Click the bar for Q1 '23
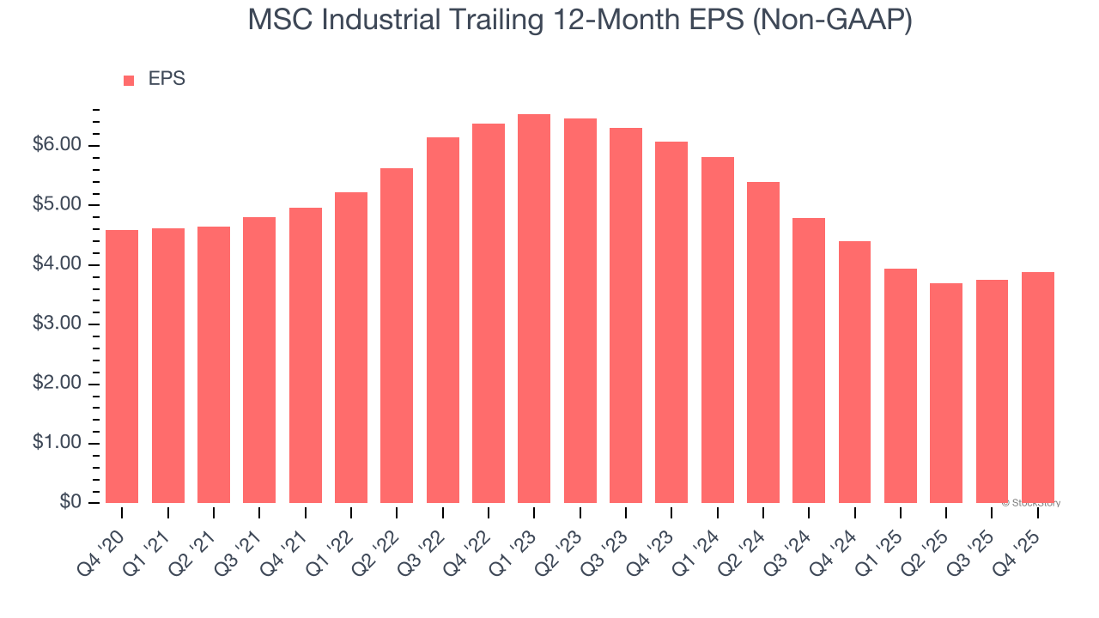click(534, 309)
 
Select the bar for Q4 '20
click(122, 367)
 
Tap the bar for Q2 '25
click(946, 393)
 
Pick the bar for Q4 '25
click(1038, 388)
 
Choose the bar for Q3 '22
click(443, 320)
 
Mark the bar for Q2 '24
click(763, 342)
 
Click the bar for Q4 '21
click(306, 355)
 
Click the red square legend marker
click(129, 81)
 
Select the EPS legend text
click(167, 79)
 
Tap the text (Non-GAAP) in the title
click(832, 20)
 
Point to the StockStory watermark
click(1031, 503)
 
